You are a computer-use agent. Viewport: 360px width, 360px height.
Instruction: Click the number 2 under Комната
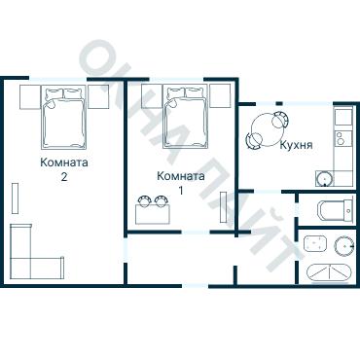(64, 177)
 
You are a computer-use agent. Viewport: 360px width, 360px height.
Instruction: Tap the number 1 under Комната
(181, 191)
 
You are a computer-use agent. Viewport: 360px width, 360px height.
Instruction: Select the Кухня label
(296, 145)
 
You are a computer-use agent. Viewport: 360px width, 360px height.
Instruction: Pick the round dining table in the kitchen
(269, 130)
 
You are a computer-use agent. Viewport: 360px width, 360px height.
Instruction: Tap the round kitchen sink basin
(324, 179)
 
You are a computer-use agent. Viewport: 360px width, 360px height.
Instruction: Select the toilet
(335, 210)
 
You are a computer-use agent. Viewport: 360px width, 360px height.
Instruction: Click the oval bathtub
(329, 273)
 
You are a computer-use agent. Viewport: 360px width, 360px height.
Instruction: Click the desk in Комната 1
(153, 214)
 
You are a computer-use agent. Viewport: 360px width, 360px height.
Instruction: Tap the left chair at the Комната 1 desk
(143, 200)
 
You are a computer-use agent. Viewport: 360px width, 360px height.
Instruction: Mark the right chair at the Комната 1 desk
(161, 200)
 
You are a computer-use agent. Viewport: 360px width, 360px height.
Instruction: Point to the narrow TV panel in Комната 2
(15, 198)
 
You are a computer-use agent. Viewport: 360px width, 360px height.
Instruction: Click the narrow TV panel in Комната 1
(223, 207)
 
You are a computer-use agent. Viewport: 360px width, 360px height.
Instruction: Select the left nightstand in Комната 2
(30, 97)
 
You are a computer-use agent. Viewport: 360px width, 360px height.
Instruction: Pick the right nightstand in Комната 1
(220, 95)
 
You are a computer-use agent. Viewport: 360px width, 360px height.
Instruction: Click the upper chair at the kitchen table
(280, 120)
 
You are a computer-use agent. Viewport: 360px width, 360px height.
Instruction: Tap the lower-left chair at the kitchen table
(254, 141)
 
